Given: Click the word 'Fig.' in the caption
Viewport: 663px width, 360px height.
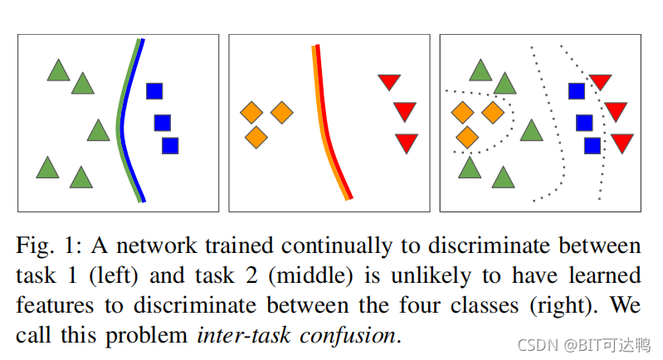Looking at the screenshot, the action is [35, 246].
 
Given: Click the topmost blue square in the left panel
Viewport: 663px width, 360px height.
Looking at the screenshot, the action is [154, 91].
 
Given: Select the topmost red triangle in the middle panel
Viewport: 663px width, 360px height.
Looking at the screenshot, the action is [389, 81].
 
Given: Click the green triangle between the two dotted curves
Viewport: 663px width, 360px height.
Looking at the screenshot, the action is [531, 130].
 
